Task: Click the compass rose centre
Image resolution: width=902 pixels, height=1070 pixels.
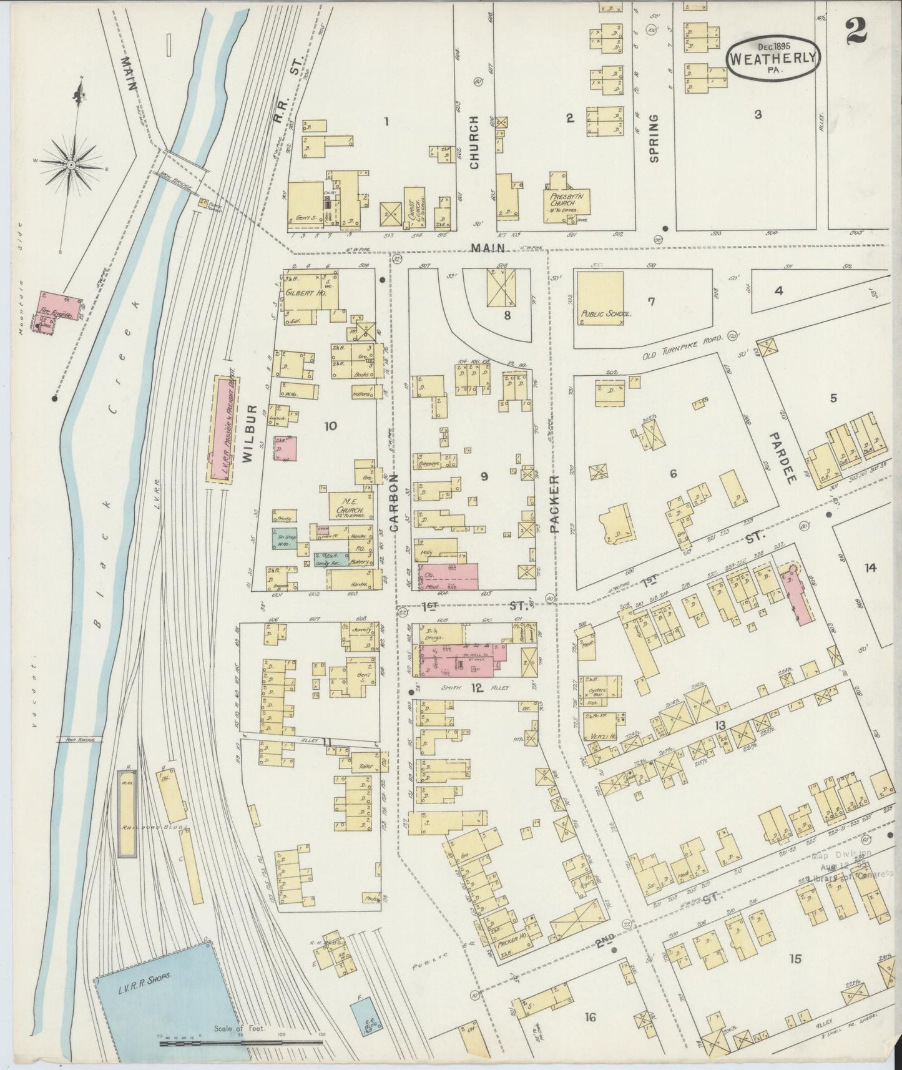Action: [x=71, y=164]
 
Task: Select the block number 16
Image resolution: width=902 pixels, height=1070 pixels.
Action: [x=590, y=1018]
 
